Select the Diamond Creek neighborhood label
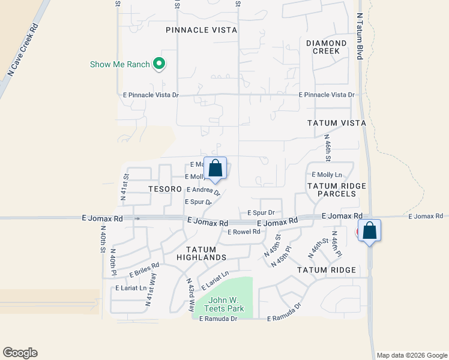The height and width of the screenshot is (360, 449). pos(327,47)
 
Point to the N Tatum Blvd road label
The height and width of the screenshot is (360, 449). pos(360,36)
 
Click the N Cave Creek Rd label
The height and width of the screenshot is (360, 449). pos(23,50)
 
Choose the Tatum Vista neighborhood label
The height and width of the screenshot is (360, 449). pos(336,123)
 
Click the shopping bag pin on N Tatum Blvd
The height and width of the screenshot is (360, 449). pos(369,231)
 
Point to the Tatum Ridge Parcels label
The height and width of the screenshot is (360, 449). pos(336,190)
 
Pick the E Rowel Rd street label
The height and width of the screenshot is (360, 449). pos(243,232)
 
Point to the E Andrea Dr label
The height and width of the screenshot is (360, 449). pos(203,191)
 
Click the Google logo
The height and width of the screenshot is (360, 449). pos(20,353)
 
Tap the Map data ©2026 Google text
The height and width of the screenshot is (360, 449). pos(411,355)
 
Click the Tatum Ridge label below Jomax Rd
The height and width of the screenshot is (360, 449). pos(327,271)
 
